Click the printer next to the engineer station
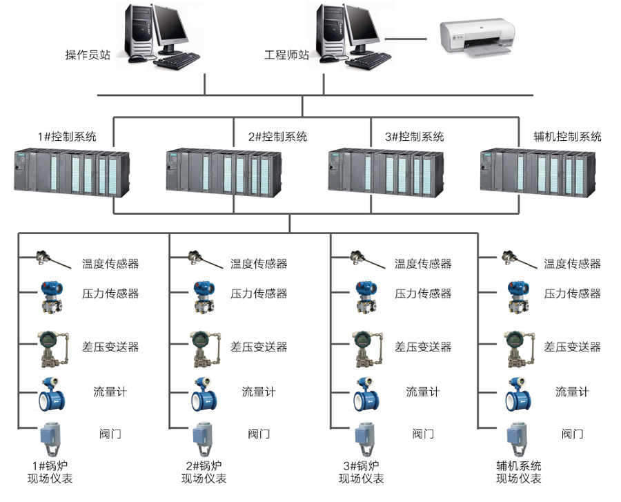(x=477, y=38)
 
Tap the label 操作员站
(x=88, y=55)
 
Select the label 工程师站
(x=286, y=55)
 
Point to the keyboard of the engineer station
(x=368, y=61)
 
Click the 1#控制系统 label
(x=67, y=137)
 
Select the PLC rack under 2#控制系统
(x=224, y=173)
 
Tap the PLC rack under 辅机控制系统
(x=538, y=173)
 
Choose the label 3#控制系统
(x=414, y=137)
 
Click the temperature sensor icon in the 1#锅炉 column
(x=53, y=259)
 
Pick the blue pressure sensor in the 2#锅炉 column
(x=204, y=297)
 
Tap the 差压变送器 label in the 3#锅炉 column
(x=423, y=347)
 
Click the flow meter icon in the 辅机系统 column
(x=518, y=394)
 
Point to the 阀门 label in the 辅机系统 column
(x=572, y=434)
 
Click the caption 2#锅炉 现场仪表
(x=204, y=472)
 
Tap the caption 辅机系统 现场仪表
(x=519, y=472)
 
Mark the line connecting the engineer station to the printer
(x=406, y=39)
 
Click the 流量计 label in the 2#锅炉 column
(x=259, y=392)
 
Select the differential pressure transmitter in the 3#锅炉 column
(x=367, y=349)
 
